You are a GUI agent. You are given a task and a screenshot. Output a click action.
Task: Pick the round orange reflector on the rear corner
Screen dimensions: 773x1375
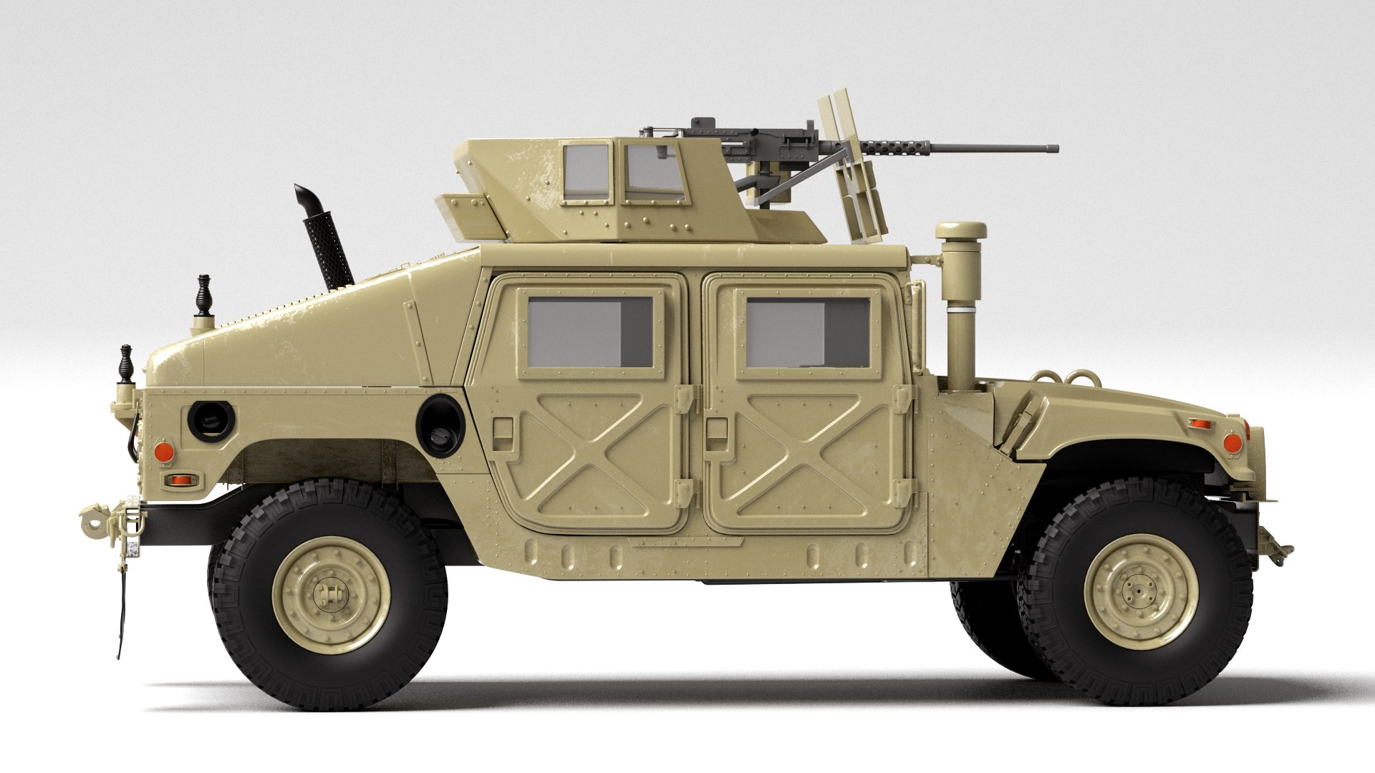pyautogui.click(x=165, y=451)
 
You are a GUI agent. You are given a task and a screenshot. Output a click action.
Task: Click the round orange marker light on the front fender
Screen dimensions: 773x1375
pyautogui.click(x=1232, y=442)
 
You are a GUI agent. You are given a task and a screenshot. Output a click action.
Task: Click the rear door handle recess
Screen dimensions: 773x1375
pyautogui.click(x=503, y=429)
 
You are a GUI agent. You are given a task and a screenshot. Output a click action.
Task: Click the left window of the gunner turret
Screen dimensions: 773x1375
pyautogui.click(x=587, y=172)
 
